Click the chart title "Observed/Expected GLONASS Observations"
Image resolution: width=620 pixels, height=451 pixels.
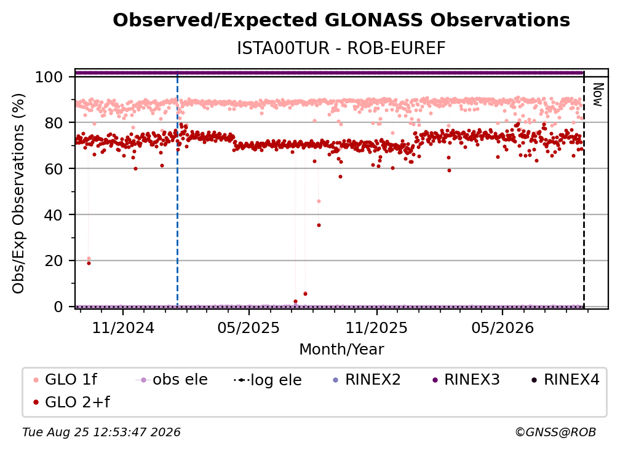341,20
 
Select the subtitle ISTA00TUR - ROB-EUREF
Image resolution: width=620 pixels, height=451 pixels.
341,48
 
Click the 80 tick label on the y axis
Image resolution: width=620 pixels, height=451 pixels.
54,123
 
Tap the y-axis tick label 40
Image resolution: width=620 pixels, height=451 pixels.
54,215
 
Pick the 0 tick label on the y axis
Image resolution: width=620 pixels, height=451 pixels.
58,307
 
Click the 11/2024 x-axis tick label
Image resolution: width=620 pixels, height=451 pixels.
123,327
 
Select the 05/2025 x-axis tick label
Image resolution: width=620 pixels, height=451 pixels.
248,327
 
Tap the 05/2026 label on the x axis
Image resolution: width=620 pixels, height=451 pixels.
503,327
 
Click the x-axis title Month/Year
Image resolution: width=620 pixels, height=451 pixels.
341,349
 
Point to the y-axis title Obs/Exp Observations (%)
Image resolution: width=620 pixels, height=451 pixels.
18,194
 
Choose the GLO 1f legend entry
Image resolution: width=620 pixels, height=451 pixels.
66,380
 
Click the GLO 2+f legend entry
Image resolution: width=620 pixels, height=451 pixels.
72,402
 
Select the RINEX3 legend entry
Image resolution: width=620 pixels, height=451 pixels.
467,380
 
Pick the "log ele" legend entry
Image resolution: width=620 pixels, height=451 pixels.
268,380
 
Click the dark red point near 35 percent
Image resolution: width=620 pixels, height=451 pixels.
319,225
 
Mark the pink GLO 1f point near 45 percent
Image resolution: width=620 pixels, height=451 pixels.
319,202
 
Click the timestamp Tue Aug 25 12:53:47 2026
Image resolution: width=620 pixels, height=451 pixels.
101,433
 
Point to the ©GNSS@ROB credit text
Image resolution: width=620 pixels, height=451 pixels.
555,432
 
